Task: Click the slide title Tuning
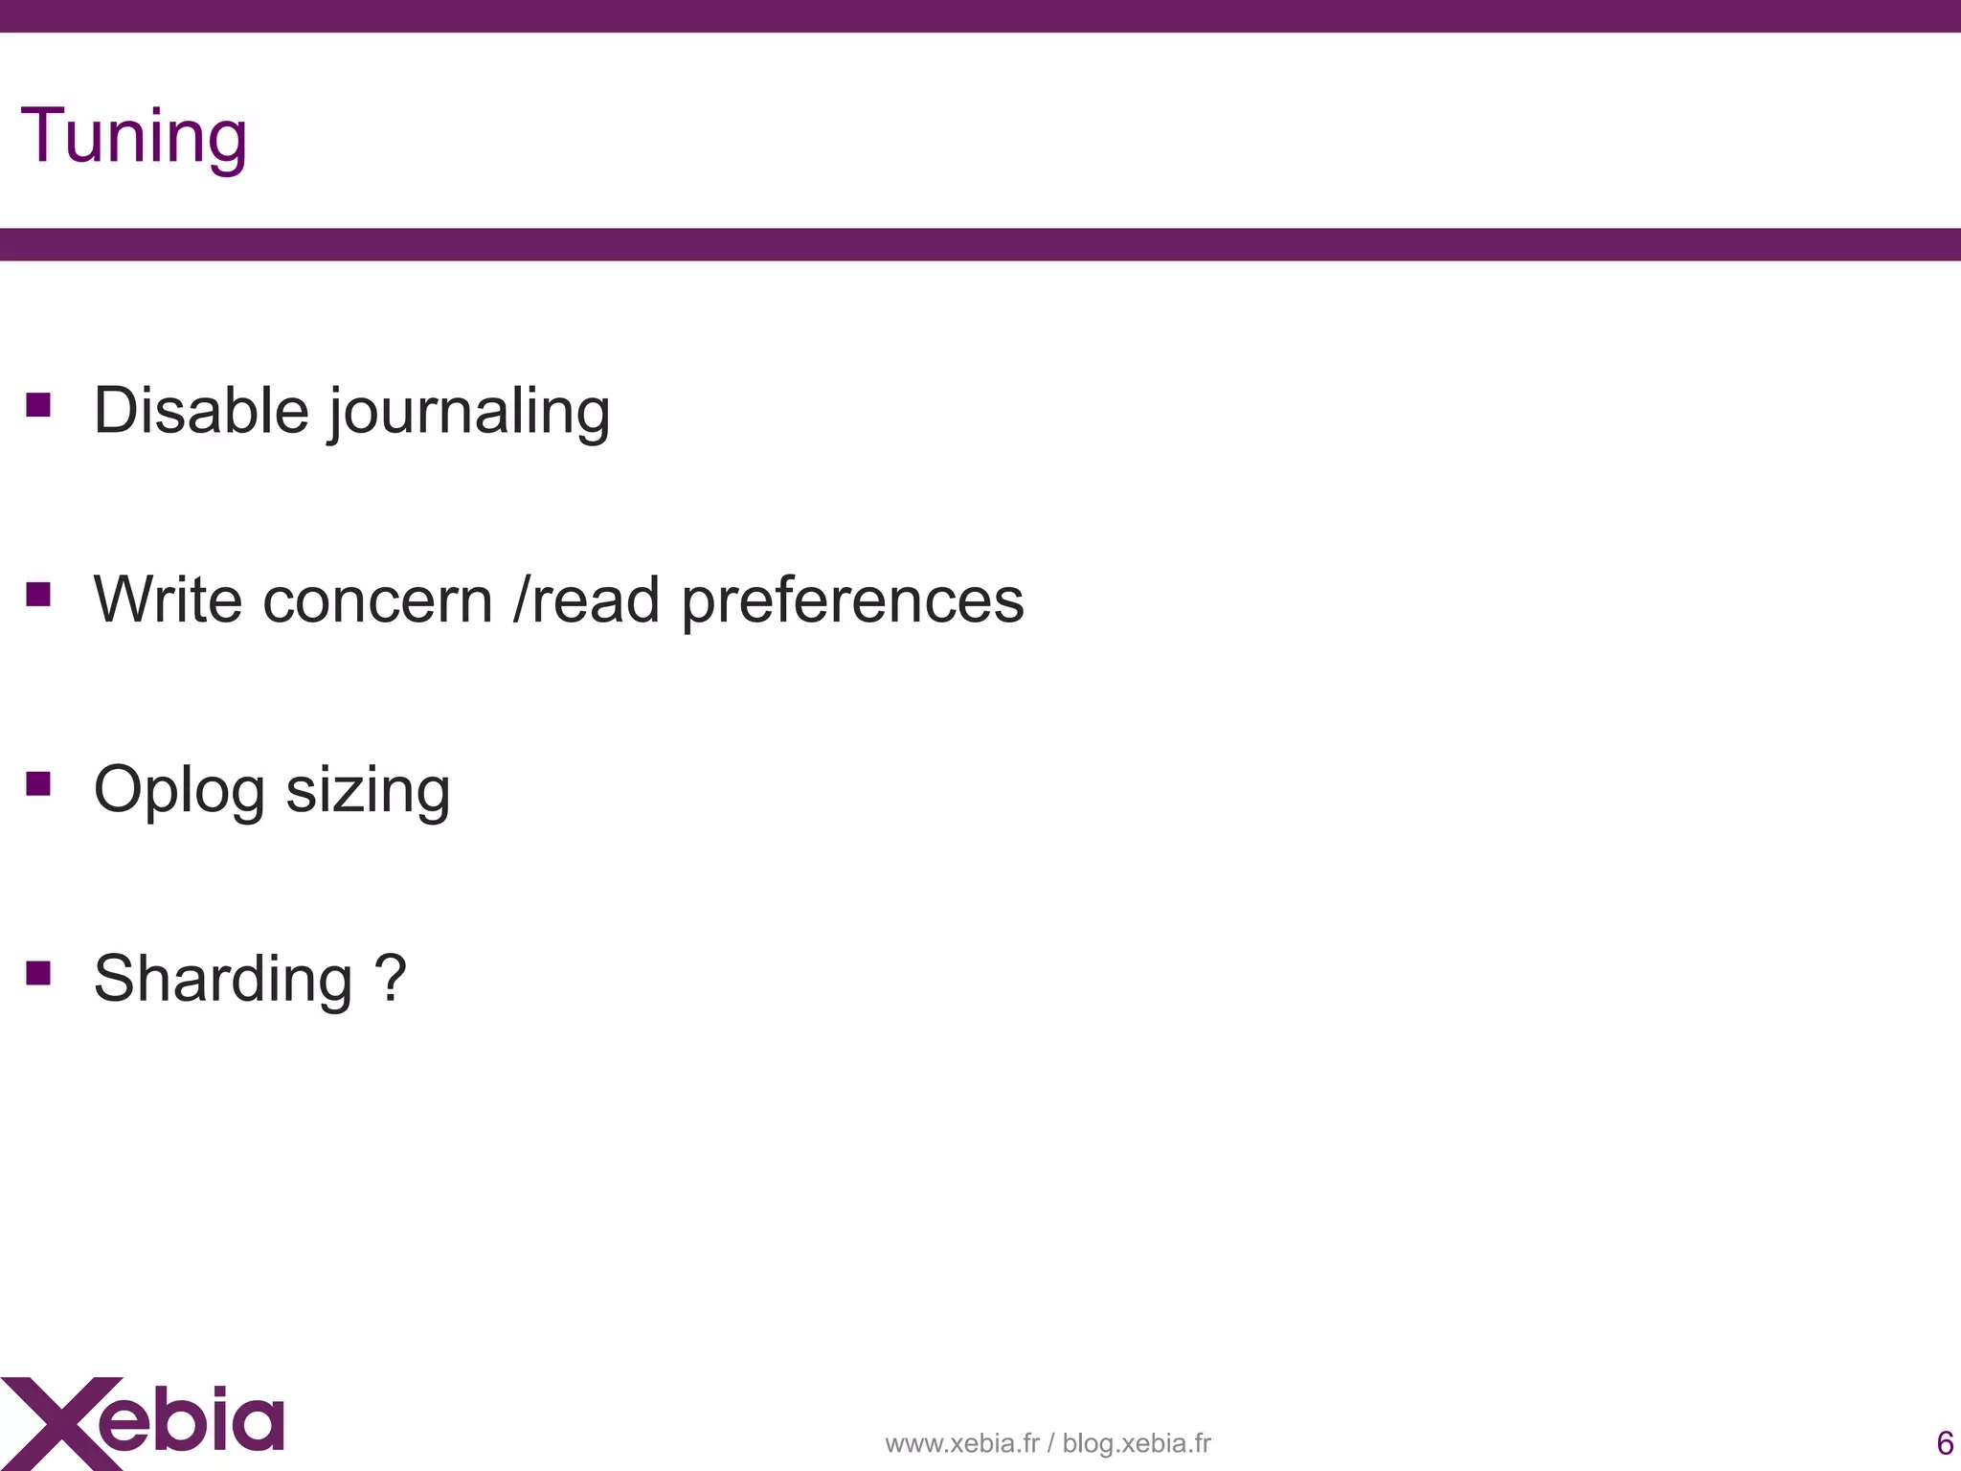pyautogui.click(x=134, y=137)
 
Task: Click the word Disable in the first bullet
pyautogui.click(x=200, y=411)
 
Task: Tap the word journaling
pyautogui.click(x=469, y=413)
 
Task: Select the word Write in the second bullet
pyautogui.click(x=168, y=600)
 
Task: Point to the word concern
pyautogui.click(x=377, y=601)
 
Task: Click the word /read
pyautogui.click(x=586, y=600)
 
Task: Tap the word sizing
pyautogui.click(x=368, y=792)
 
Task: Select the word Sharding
pyautogui.click(x=223, y=980)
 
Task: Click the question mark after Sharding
pyautogui.click(x=391, y=978)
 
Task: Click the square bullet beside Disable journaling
pyautogui.click(x=38, y=405)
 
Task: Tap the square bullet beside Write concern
pyautogui.click(x=38, y=595)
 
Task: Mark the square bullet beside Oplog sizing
pyautogui.click(x=38, y=784)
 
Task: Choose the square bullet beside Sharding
pyautogui.click(x=38, y=974)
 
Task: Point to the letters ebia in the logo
pyautogui.click(x=192, y=1418)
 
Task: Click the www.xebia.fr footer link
pyautogui.click(x=961, y=1443)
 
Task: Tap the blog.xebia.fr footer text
pyautogui.click(x=1137, y=1443)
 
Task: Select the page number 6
pyautogui.click(x=1945, y=1442)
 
